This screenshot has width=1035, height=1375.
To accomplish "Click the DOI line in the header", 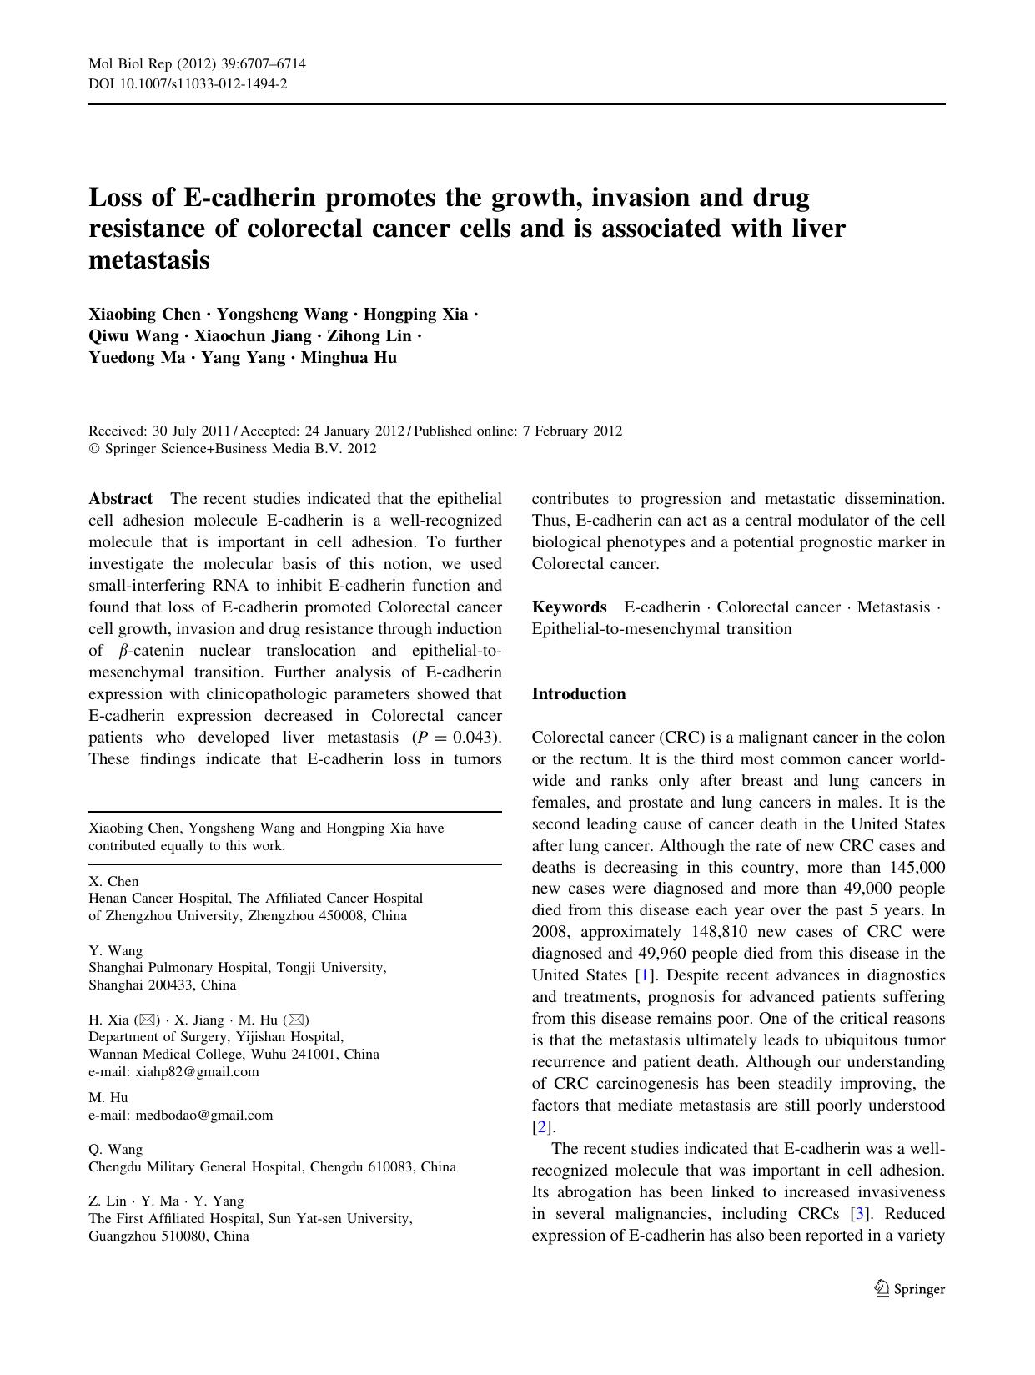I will coord(188,84).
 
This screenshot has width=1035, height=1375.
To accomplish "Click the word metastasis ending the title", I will coord(149,260).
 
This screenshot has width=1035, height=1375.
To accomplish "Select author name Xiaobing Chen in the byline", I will coord(144,315).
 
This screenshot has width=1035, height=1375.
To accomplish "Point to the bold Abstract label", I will coord(121,499).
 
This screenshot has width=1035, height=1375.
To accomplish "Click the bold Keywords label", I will coord(569,607).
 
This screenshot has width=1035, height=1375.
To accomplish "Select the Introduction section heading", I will coord(578,694).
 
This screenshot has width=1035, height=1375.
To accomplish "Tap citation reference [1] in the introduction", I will coord(643,975).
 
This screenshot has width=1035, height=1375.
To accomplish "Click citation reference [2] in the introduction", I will coord(541,1127).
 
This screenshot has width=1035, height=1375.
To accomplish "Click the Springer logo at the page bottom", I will coord(909,1289).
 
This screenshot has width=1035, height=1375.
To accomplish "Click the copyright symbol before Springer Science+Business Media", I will coord(93,449).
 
